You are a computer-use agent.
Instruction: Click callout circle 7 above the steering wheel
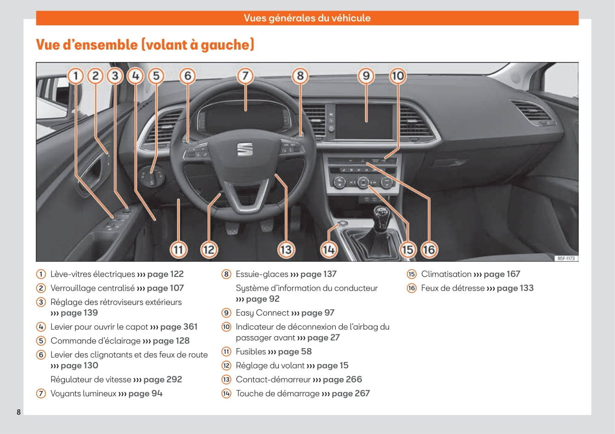coord(245,76)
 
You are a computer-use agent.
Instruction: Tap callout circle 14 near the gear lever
coord(328,249)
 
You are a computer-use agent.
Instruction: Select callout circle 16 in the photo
coord(429,249)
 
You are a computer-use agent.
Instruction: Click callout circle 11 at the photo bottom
coord(178,249)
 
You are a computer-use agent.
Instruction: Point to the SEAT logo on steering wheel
coord(245,149)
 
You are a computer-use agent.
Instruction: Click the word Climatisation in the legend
coord(446,274)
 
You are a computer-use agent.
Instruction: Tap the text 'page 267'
coord(350,394)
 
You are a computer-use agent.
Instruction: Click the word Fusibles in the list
coord(251,352)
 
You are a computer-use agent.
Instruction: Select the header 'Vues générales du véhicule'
coord(307,18)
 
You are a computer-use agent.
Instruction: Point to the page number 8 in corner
coord(19,412)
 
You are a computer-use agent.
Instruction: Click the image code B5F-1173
coord(566,259)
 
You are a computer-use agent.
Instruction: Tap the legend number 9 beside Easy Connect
coord(226,313)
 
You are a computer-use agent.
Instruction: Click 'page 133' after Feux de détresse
coord(515,288)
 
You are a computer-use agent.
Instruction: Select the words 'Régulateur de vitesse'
coord(91,380)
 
